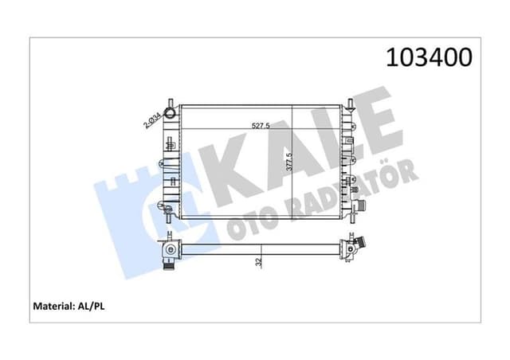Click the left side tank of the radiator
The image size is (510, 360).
(x=171, y=159)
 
